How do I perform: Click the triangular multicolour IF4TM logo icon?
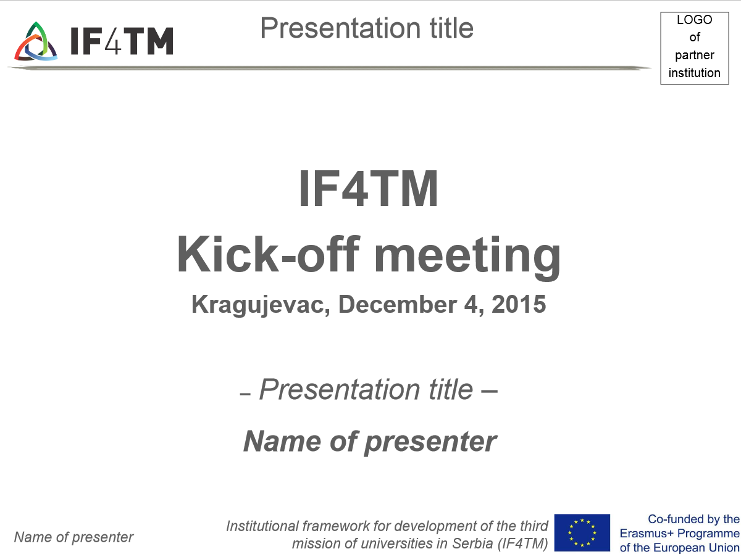pyautogui.click(x=36, y=41)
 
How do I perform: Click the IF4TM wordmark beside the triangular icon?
pyautogui.click(x=122, y=41)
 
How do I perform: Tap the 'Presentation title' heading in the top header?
pyautogui.click(x=367, y=28)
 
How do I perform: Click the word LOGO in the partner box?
pyautogui.click(x=695, y=20)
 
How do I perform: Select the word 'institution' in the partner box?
pyautogui.click(x=695, y=73)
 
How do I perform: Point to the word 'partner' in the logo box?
pyautogui.click(x=695, y=56)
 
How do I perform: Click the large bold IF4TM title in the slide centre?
pyautogui.click(x=368, y=188)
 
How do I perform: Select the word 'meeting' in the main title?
pyautogui.click(x=467, y=257)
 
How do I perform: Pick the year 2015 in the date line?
pyautogui.click(x=519, y=304)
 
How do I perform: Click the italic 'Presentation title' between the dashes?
pyautogui.click(x=366, y=390)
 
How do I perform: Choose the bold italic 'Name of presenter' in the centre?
pyautogui.click(x=370, y=442)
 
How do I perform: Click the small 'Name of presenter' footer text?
pyautogui.click(x=73, y=537)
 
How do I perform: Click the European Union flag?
pyautogui.click(x=582, y=532)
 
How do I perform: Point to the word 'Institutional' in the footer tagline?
pyautogui.click(x=262, y=526)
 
